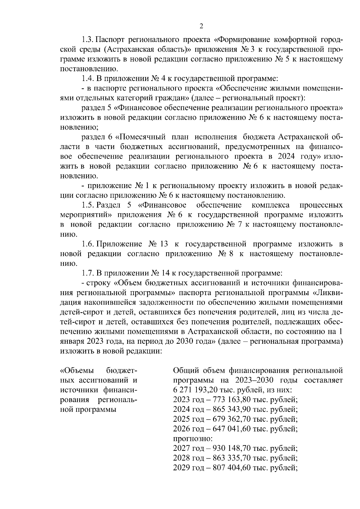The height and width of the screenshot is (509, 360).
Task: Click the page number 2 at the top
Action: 201,26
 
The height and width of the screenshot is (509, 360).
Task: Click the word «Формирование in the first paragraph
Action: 243,40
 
